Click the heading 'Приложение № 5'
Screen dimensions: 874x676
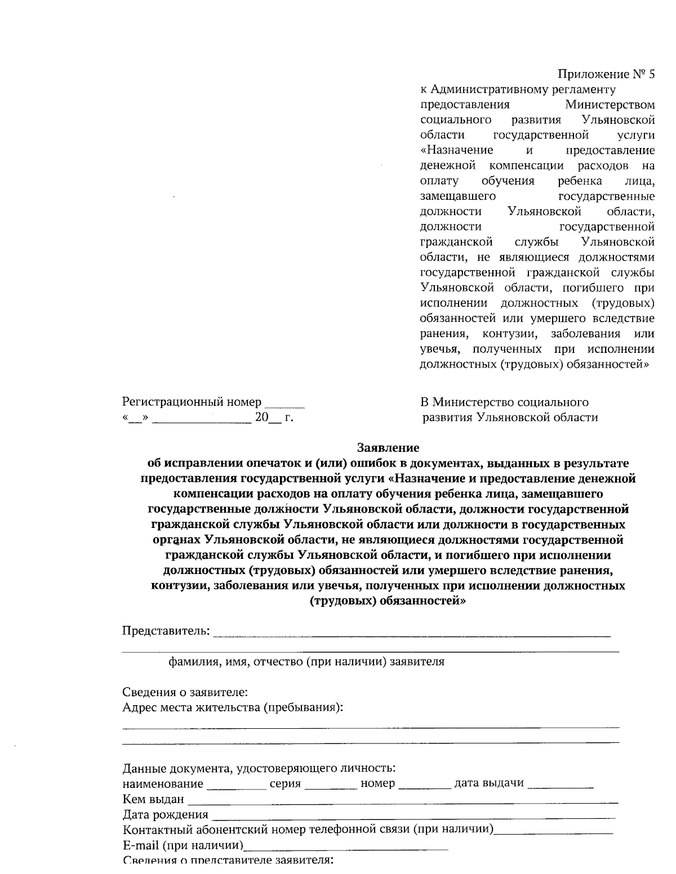[x=606, y=74]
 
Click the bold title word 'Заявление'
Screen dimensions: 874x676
[x=388, y=448]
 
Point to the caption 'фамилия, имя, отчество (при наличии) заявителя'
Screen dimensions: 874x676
[x=307, y=662]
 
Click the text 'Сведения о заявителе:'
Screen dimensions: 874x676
[x=185, y=692]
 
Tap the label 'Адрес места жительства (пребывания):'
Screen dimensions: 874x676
[x=233, y=707]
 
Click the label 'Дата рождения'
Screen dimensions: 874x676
[x=165, y=815]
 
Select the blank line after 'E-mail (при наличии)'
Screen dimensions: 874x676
[x=346, y=848]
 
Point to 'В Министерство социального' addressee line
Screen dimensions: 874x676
[x=504, y=402]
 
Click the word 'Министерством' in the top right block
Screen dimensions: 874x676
[x=610, y=105]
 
